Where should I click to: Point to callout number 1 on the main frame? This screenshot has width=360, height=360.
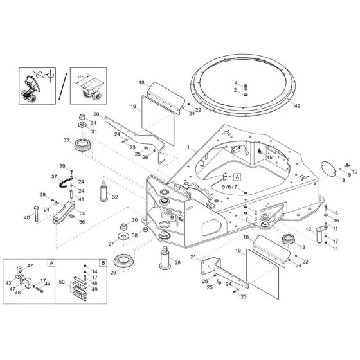[188, 147]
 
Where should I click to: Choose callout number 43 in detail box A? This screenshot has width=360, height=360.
[8, 282]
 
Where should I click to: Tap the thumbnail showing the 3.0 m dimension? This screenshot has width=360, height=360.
[87, 85]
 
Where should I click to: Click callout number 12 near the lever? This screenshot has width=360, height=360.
[308, 230]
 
